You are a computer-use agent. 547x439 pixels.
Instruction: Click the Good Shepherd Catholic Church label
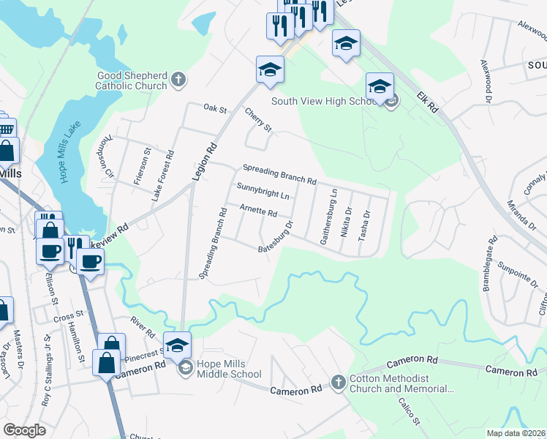point(131,80)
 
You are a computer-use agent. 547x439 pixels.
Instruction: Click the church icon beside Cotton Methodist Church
point(338,382)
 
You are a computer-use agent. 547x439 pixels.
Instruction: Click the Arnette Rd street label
point(258,212)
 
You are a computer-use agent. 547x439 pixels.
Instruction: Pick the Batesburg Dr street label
point(276,238)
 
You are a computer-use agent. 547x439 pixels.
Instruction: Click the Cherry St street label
point(258,120)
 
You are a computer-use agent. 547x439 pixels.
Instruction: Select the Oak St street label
point(216,109)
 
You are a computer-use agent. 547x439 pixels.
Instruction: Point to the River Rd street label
point(143,326)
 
